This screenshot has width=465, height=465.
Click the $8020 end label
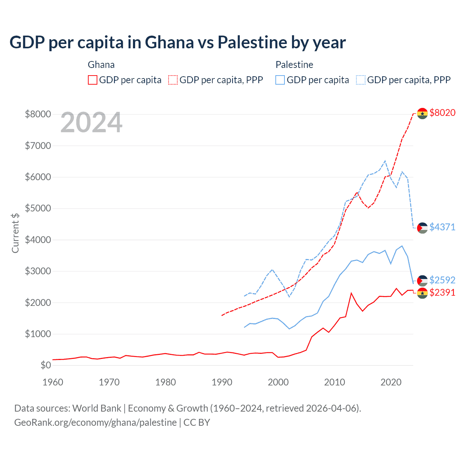click(442, 113)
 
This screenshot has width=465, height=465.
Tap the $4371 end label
click(442, 227)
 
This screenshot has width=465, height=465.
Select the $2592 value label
click(442, 280)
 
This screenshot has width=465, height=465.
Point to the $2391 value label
click(442, 292)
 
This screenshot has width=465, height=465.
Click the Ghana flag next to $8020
click(422, 113)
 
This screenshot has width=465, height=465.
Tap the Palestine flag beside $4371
click(422, 228)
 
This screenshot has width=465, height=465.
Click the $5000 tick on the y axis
click(38, 209)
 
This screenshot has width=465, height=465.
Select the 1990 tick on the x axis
click(222, 382)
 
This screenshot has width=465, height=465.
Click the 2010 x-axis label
click(335, 382)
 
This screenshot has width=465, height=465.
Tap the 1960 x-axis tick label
click(53, 382)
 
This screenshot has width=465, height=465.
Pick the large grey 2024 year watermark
click(92, 123)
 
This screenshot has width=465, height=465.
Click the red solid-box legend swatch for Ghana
click(93, 80)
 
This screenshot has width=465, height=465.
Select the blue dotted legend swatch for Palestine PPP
click(361, 80)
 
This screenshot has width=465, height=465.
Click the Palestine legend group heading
click(294, 65)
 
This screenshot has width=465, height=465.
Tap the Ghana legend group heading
click(101, 65)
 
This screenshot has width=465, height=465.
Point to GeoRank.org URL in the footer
click(96, 422)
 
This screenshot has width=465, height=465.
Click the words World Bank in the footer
click(97, 408)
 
